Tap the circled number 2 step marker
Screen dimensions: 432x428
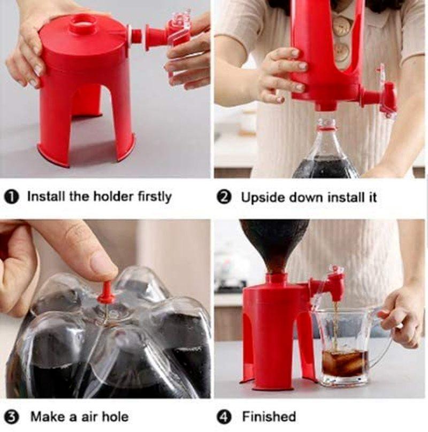click(225, 197)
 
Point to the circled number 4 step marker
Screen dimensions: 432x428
click(225, 416)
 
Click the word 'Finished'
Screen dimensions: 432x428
click(269, 416)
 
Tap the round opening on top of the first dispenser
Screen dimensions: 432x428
click(83, 23)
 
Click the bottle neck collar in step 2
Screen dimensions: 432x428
click(326, 125)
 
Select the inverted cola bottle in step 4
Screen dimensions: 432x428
click(274, 244)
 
